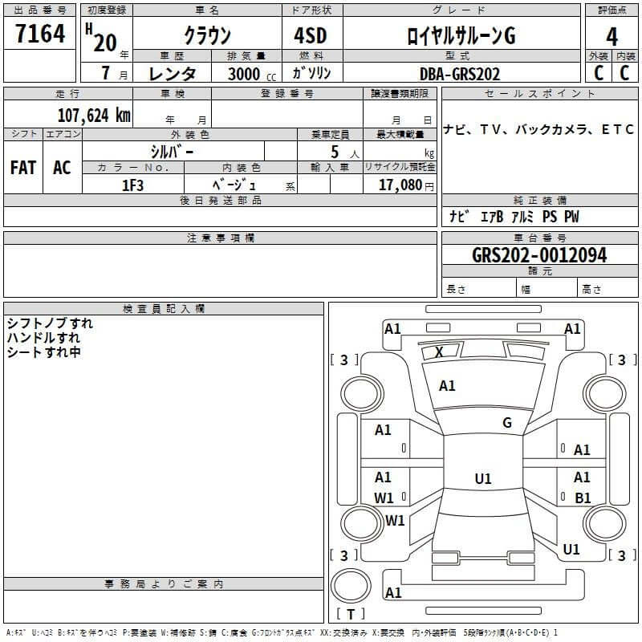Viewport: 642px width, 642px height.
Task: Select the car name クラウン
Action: coord(207,35)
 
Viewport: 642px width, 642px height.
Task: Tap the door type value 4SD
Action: coord(310,35)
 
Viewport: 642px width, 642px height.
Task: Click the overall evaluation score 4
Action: coord(612,36)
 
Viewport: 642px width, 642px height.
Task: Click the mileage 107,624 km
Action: coord(93,115)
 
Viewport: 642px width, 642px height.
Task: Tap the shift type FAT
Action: coord(23,168)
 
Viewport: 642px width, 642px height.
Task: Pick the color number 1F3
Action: coord(132,185)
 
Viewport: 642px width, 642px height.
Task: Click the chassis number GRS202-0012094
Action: coord(539,255)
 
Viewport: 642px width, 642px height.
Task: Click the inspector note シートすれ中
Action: coord(43,352)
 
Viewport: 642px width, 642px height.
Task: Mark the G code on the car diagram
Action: coord(506,423)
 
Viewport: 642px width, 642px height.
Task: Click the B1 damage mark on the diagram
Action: coord(583,498)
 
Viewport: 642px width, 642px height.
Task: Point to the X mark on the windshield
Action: coord(439,351)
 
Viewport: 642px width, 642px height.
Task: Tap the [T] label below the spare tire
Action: coord(350,614)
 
